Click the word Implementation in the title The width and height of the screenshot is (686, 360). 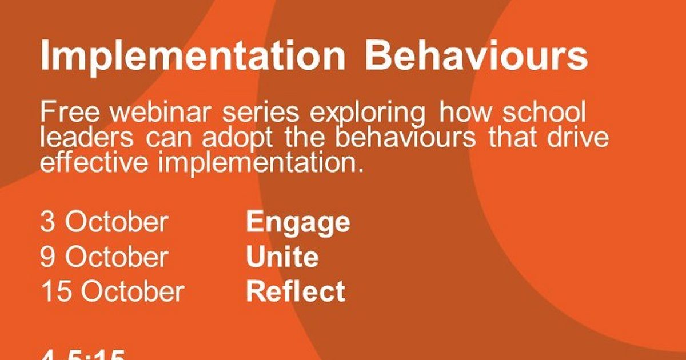192,56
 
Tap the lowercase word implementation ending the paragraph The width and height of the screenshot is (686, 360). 260,163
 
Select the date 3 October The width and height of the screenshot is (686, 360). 104,222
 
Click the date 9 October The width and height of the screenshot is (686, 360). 104,257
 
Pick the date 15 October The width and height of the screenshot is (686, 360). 112,291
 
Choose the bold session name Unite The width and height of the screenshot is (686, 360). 282,257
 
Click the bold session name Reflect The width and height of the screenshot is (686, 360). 295,291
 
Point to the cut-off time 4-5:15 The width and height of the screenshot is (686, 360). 82,355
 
